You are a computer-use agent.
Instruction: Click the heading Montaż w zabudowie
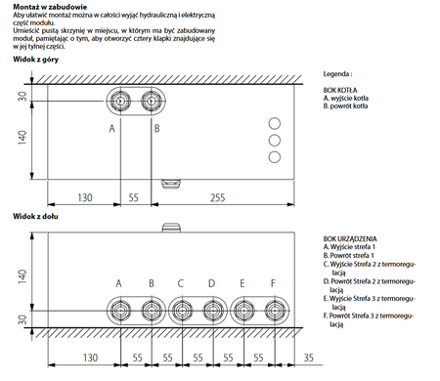pyautogui.click(x=39, y=7)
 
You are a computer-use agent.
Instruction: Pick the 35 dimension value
pyautogui.click(x=309, y=358)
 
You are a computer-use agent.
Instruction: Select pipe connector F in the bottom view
pyautogui.click(x=274, y=312)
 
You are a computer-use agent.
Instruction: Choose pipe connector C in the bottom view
pyautogui.click(x=182, y=312)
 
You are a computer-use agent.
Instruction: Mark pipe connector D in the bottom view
pyautogui.click(x=212, y=312)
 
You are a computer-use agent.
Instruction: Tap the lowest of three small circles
pyautogui.click(x=274, y=157)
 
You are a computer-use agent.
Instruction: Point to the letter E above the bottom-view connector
pyautogui.click(x=242, y=283)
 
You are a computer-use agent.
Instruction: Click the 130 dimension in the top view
pyautogui.click(x=85, y=197)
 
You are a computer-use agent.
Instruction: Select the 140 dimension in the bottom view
pyautogui.click(x=19, y=277)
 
